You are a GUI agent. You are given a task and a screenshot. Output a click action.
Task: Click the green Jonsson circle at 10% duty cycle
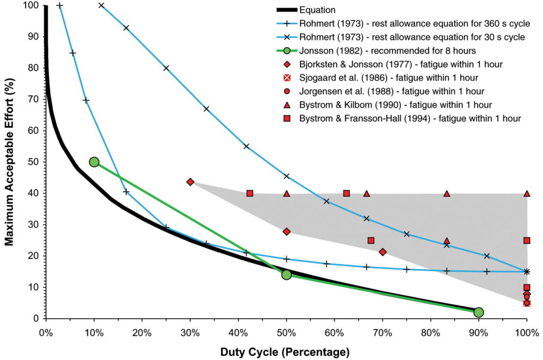point(94,162)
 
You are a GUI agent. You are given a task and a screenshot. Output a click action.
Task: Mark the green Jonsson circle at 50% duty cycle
point(286,275)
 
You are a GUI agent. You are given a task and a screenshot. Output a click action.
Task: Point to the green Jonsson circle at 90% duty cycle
point(478,312)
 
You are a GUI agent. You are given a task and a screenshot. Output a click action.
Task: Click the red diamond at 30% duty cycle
point(190,182)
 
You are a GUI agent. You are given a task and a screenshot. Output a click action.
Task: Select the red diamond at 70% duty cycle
point(382,252)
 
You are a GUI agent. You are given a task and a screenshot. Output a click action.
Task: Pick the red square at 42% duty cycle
point(250,194)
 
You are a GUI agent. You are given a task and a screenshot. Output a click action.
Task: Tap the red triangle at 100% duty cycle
point(527,194)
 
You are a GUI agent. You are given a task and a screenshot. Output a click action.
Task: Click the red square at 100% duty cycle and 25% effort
point(527,240)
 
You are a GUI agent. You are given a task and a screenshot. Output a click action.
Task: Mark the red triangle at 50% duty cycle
point(286,194)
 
